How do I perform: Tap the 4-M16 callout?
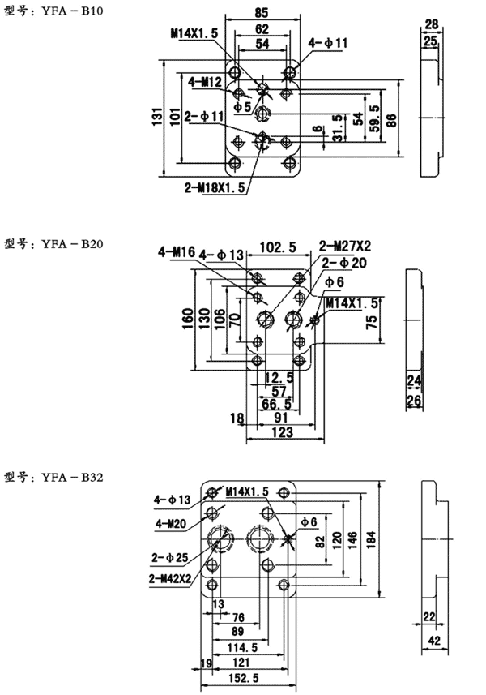(x=177, y=253)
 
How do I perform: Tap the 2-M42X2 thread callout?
(x=169, y=578)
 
